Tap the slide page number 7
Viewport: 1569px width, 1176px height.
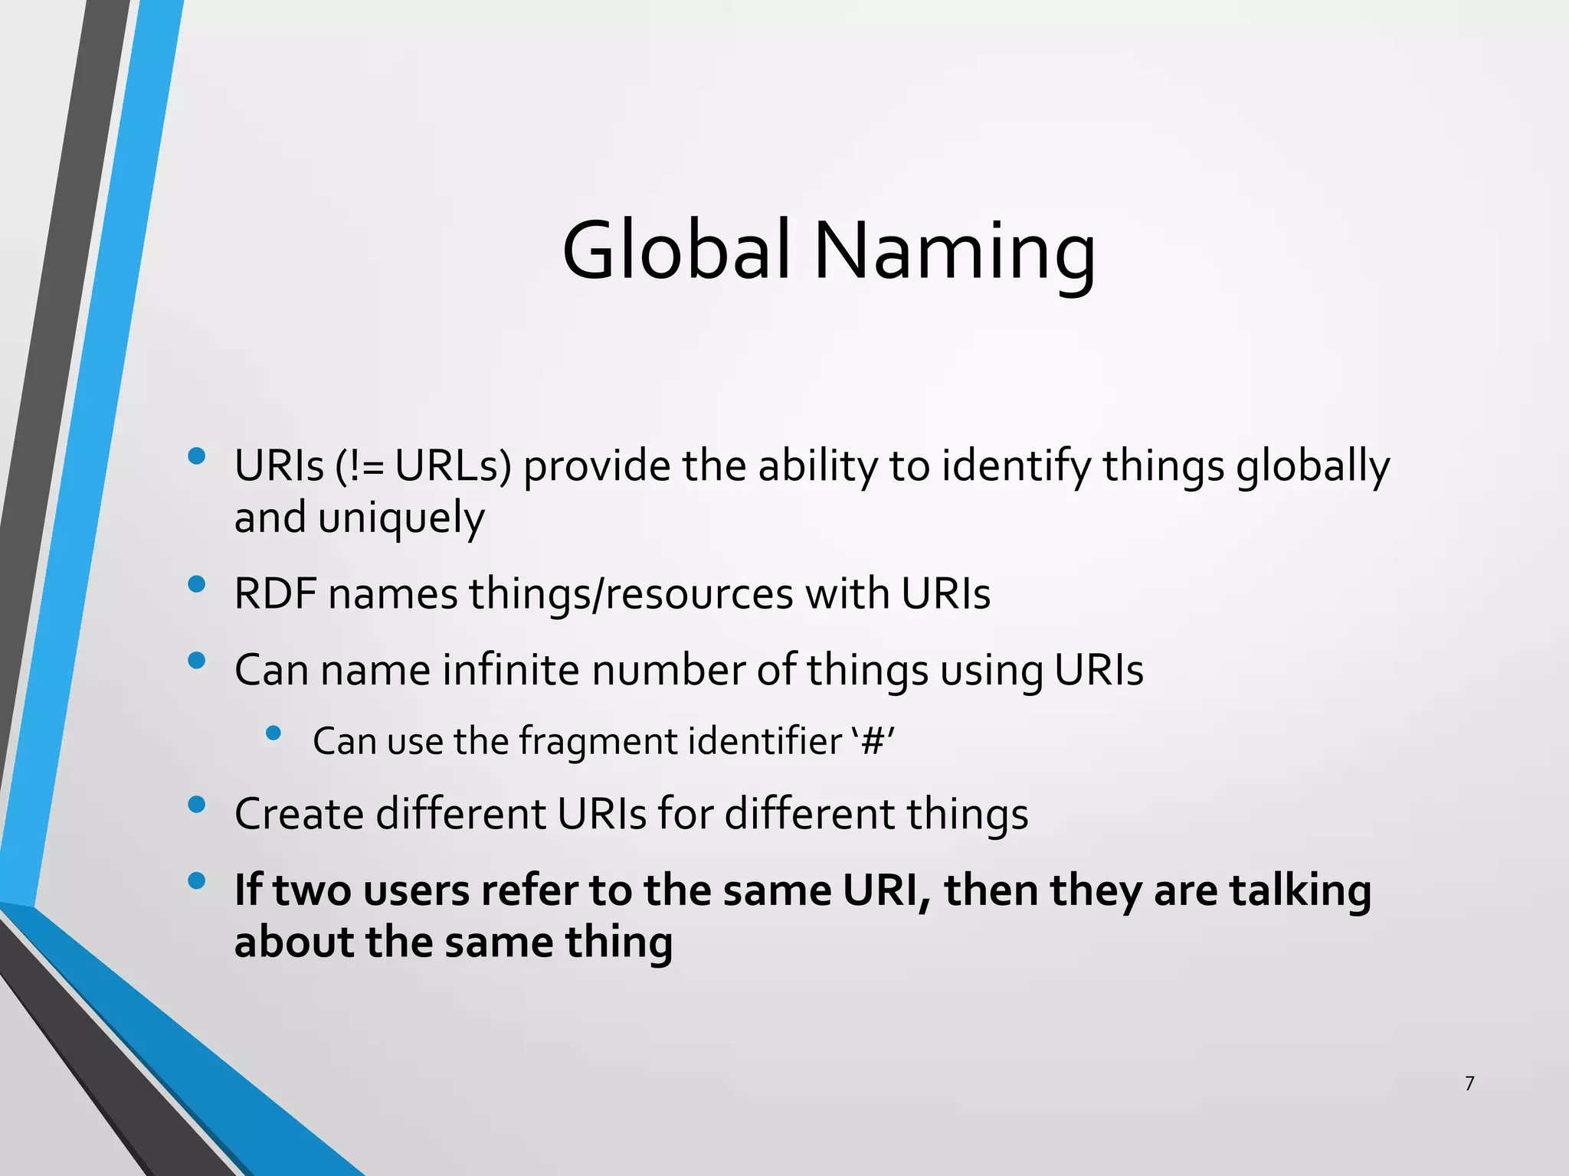coord(1469,1083)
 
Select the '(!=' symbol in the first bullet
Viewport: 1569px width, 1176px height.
coord(360,465)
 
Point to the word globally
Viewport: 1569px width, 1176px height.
coord(1312,467)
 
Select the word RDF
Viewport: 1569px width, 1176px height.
coord(275,593)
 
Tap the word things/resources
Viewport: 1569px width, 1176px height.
coord(631,595)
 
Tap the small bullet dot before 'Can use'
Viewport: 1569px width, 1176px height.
coord(274,733)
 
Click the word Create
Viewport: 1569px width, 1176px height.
coord(298,813)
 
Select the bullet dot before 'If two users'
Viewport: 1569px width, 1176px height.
coord(197,881)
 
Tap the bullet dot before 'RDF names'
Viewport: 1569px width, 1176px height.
coord(197,585)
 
